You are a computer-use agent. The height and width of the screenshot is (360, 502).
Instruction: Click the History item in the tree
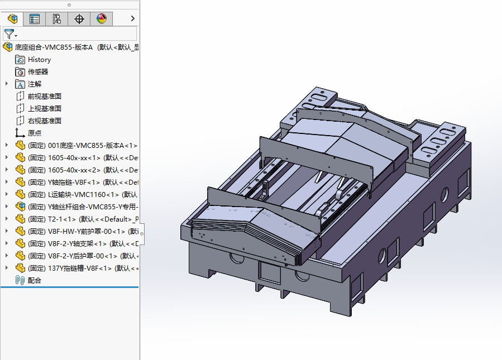[x=39, y=60]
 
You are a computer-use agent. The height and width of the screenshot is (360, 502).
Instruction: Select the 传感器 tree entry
[x=38, y=71]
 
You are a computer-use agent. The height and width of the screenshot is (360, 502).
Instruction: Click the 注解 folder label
[x=35, y=84]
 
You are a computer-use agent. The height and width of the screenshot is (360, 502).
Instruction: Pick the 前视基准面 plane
[x=45, y=97]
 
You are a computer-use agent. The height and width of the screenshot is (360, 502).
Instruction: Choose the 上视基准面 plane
[x=45, y=108]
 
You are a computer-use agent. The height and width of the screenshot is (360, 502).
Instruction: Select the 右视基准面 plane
[x=45, y=121]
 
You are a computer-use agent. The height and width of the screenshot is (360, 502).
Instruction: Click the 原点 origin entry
[x=35, y=133]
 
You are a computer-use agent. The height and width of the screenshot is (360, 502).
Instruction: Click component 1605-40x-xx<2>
[x=83, y=170]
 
